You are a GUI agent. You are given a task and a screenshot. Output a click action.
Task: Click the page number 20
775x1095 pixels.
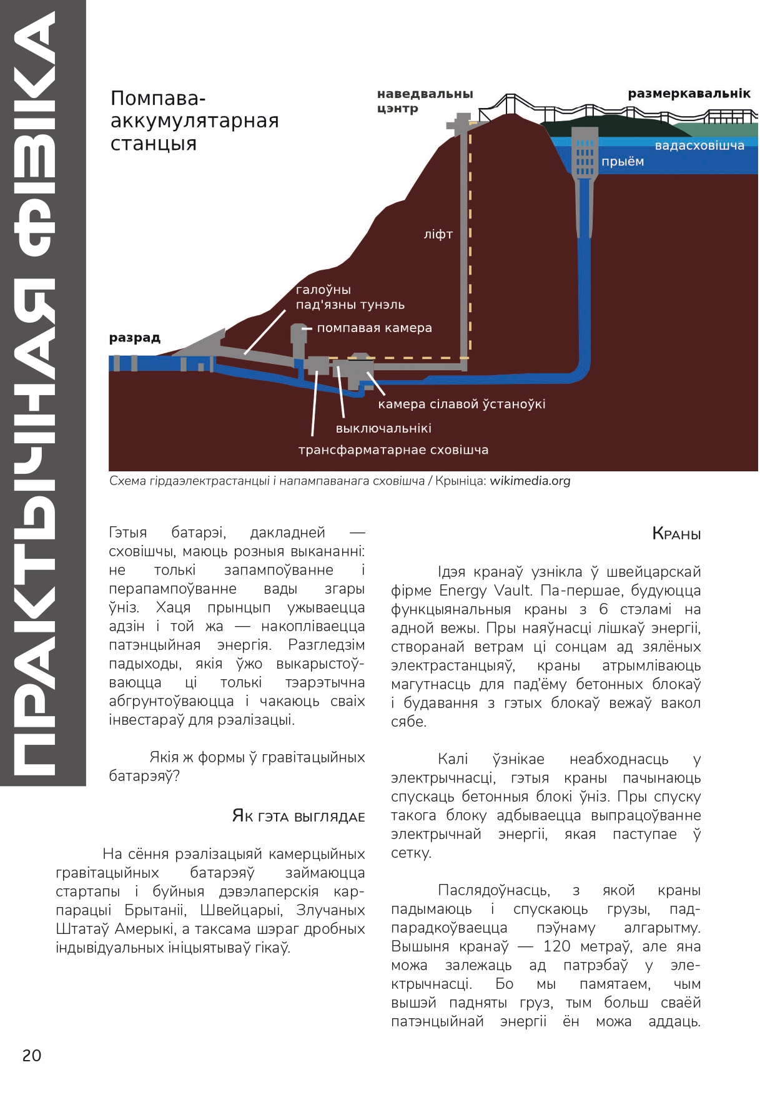tap(32, 1055)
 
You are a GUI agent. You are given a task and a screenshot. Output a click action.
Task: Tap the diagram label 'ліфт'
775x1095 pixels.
tap(438, 235)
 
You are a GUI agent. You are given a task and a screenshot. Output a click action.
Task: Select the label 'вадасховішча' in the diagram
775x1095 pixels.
tap(699, 145)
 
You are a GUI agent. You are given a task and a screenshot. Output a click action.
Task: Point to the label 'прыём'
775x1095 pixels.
tap(622, 162)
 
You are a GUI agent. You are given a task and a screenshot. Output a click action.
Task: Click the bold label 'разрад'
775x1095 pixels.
tap(135, 338)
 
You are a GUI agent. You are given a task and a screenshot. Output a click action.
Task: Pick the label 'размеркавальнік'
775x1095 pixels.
tap(689, 94)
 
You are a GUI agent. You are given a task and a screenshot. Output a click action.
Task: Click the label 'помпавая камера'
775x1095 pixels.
tap(374, 328)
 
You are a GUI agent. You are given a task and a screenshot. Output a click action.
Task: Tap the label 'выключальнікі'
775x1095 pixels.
tap(383, 428)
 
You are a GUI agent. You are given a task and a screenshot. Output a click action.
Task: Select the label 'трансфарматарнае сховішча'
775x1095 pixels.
tap(393, 449)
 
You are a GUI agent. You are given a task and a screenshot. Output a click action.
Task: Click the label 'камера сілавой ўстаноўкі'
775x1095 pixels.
tap(462, 404)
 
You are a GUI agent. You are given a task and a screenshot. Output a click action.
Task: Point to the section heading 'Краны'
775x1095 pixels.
tap(676, 534)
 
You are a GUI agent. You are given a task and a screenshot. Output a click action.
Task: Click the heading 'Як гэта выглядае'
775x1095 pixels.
tap(298, 816)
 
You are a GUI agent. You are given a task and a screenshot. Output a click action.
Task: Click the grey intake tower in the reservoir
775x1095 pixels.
tap(585, 150)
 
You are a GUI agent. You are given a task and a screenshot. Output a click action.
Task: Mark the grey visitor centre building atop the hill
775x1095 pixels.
tap(462, 122)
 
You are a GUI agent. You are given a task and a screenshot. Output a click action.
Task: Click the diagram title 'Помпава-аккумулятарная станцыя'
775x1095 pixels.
tap(194, 120)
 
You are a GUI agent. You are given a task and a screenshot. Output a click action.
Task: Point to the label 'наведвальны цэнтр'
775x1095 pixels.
tap(425, 101)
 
